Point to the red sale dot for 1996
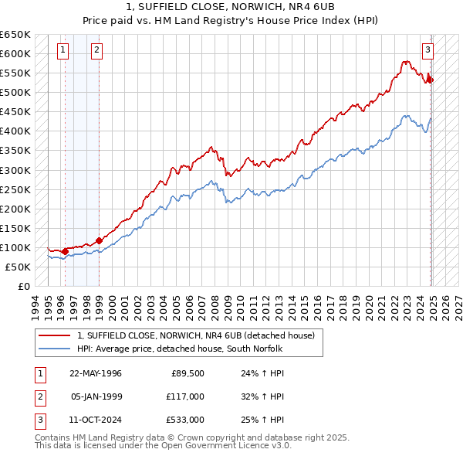66,251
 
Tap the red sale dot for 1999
99,240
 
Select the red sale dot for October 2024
431,80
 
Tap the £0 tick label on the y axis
23,286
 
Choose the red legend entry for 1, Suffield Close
196,335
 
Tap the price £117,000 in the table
185,396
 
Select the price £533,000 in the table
185,420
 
